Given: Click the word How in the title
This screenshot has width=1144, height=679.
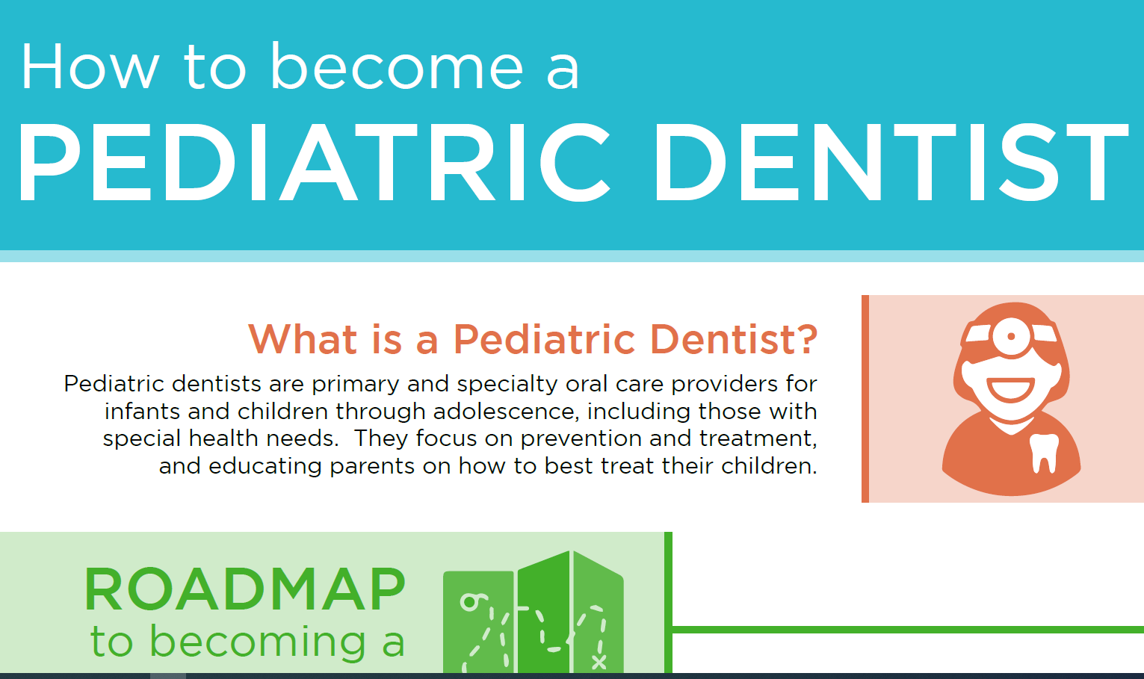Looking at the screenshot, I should [x=90, y=67].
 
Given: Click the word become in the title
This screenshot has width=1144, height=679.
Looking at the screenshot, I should [x=396, y=67].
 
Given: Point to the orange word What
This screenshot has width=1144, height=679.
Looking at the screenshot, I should [x=303, y=339].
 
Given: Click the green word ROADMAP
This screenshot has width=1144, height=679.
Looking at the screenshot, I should [x=244, y=590].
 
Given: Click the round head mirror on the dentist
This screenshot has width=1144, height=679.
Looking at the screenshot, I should [x=1012, y=335].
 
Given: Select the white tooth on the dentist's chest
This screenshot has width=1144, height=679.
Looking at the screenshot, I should [x=1044, y=452].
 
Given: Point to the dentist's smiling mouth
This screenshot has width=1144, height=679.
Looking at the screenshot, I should [x=1010, y=389].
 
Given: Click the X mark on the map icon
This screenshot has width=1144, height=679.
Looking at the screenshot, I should [x=599, y=661].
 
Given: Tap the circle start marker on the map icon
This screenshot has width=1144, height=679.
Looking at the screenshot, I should [x=469, y=602].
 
